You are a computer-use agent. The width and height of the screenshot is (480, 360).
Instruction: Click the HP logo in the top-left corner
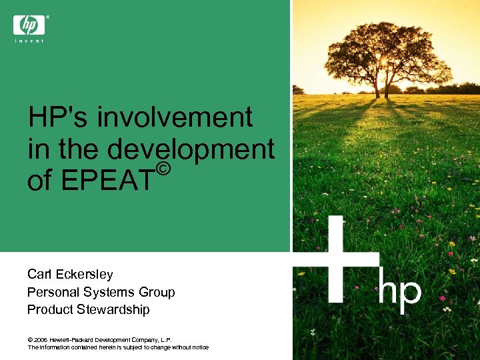(29, 25)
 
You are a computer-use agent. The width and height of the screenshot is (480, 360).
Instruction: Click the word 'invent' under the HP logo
(29, 41)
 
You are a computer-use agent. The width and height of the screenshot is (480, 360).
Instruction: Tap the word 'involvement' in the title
(175, 118)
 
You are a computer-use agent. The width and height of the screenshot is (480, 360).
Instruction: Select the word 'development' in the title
(191, 149)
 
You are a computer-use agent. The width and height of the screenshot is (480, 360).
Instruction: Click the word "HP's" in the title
(58, 118)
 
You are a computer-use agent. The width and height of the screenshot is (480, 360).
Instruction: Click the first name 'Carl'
(38, 274)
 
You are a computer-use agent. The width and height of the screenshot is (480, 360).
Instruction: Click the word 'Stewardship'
(113, 309)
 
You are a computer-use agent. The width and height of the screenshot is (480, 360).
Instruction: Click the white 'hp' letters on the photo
(400, 291)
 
